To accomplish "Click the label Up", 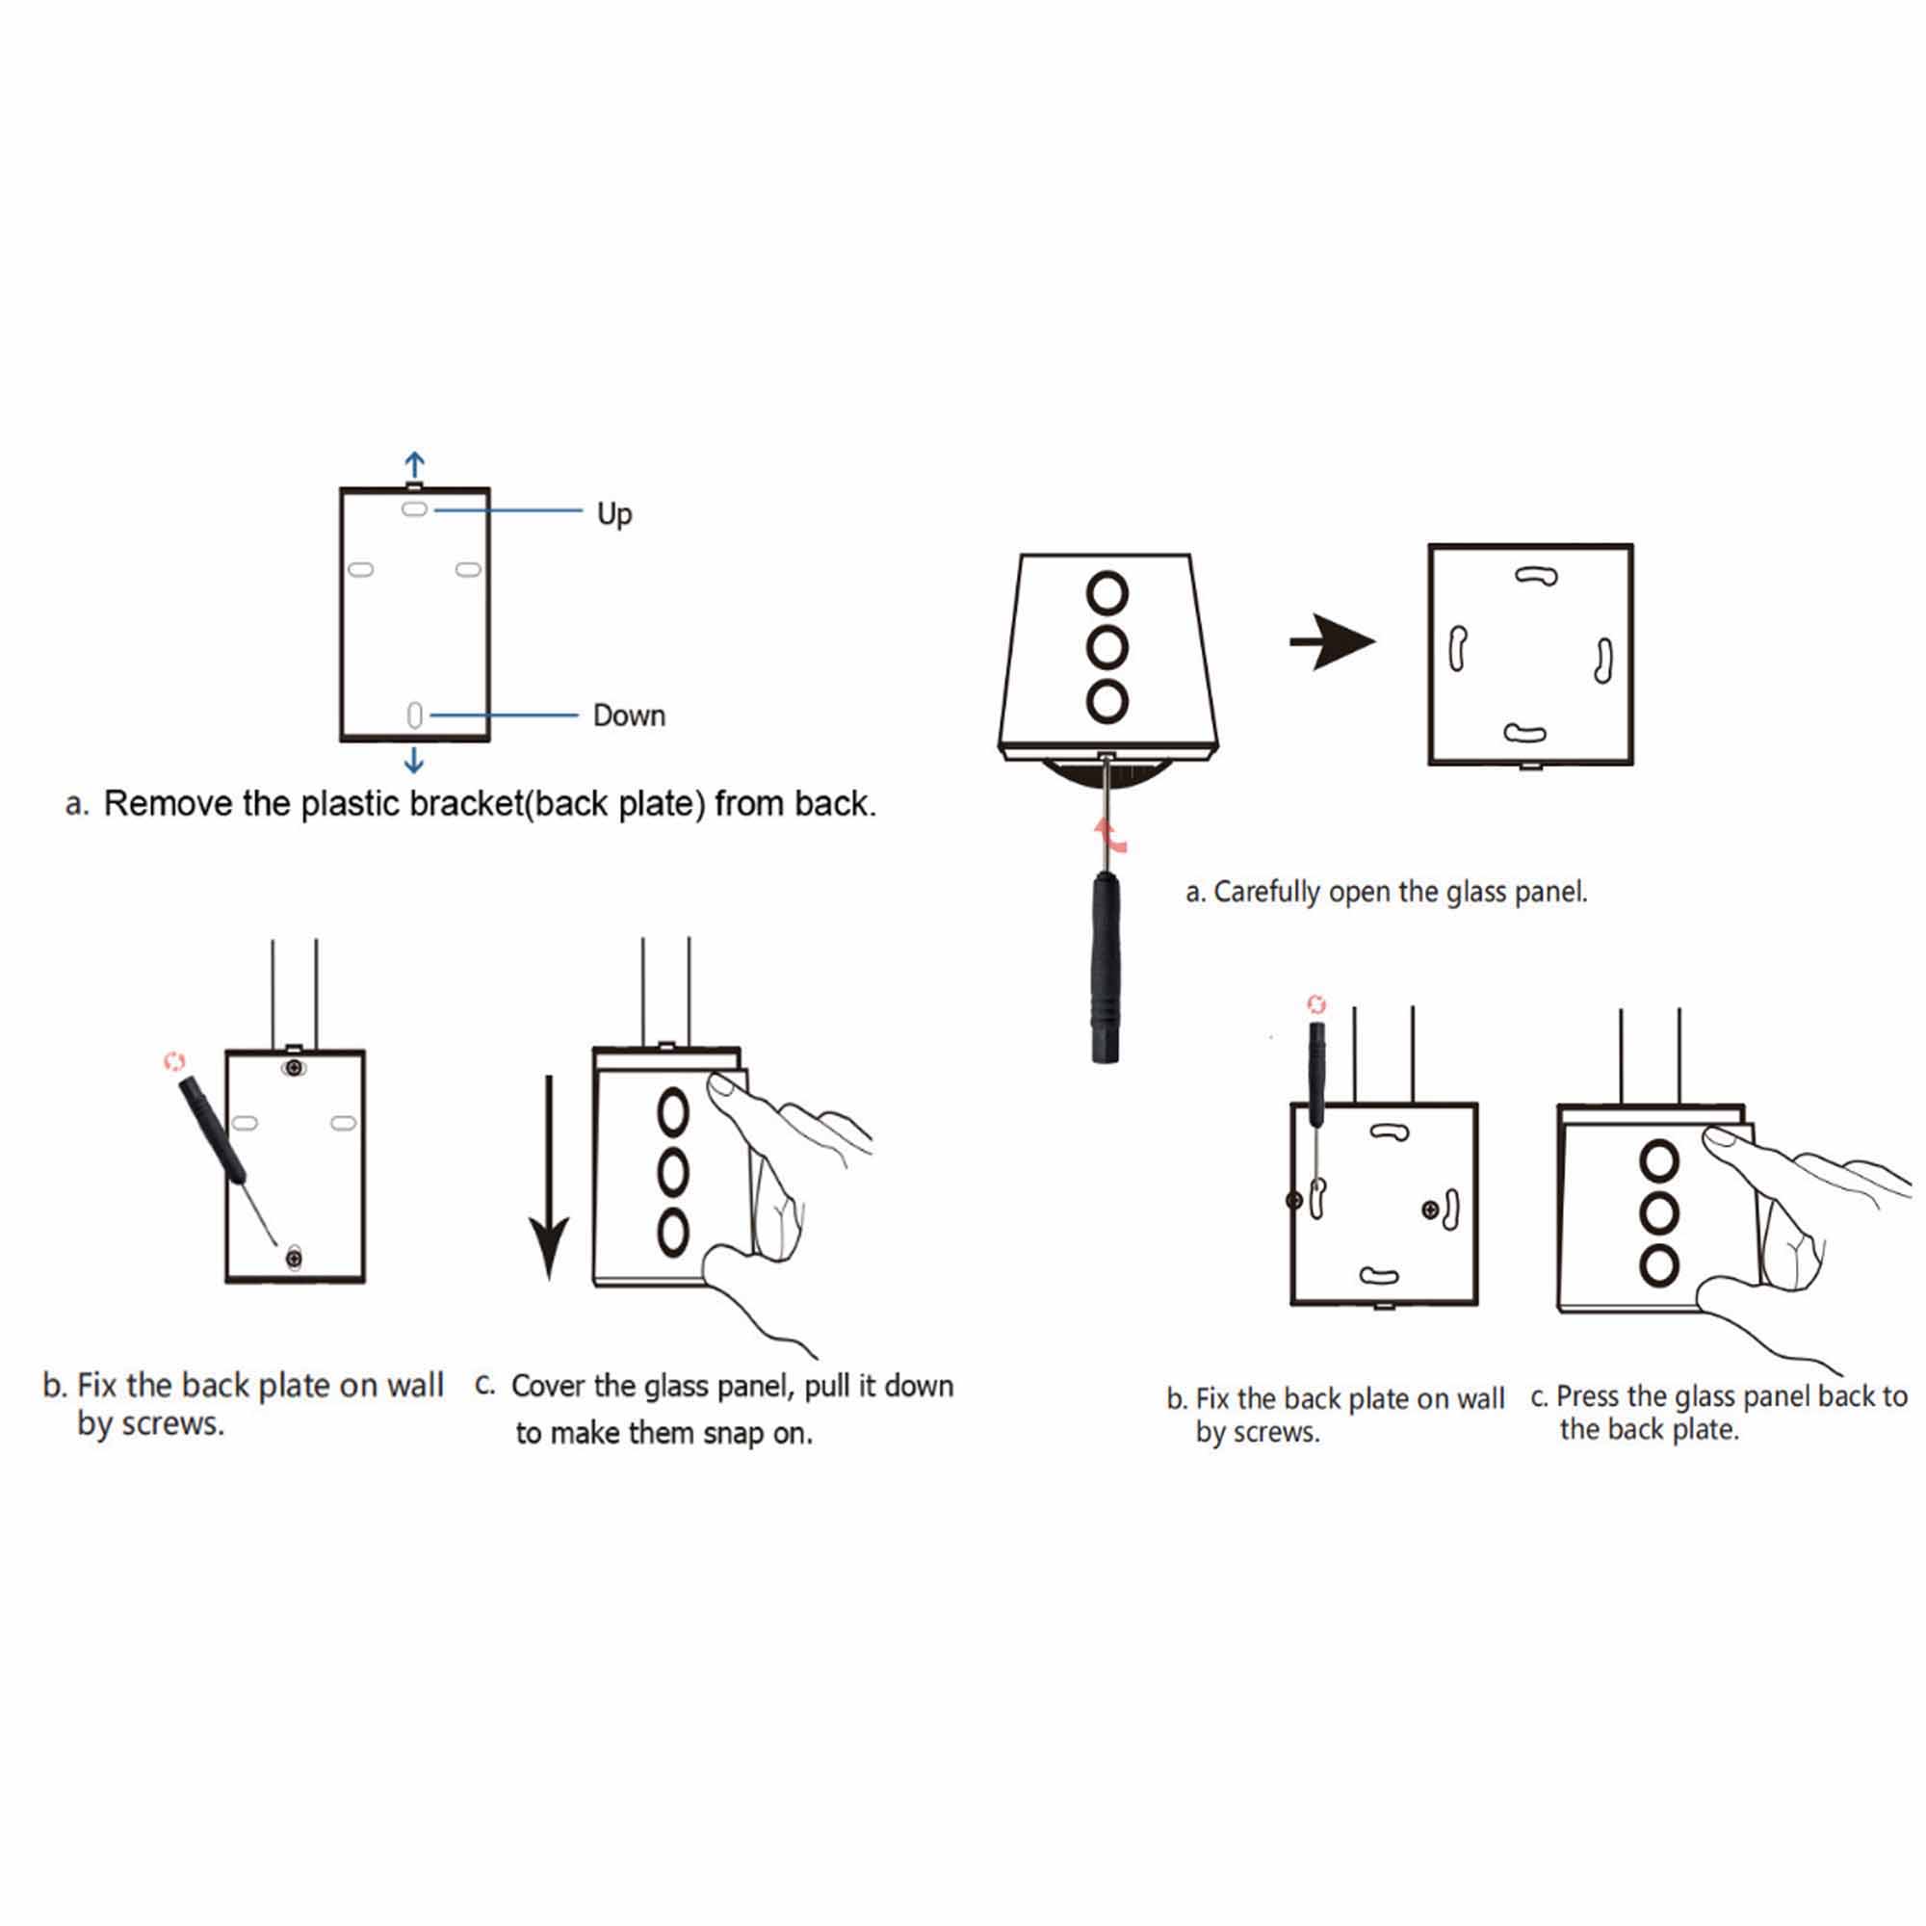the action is point(614,513).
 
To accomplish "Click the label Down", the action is point(629,715).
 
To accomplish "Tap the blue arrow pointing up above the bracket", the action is point(415,464).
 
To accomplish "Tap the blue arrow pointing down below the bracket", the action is point(414,762).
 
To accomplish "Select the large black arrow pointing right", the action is point(1332,642).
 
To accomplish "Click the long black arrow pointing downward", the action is point(548,1178).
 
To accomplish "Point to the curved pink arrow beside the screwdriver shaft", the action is point(1111,834).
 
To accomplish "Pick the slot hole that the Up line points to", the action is point(415,509).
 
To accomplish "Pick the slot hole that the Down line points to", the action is point(415,715).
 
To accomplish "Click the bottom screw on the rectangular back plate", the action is point(293,1258).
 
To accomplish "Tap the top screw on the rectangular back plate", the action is point(293,1069).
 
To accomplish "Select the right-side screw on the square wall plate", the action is point(1431,1210).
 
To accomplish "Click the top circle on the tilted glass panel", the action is point(1107,593).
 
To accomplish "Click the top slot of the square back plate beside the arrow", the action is point(1536,575).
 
